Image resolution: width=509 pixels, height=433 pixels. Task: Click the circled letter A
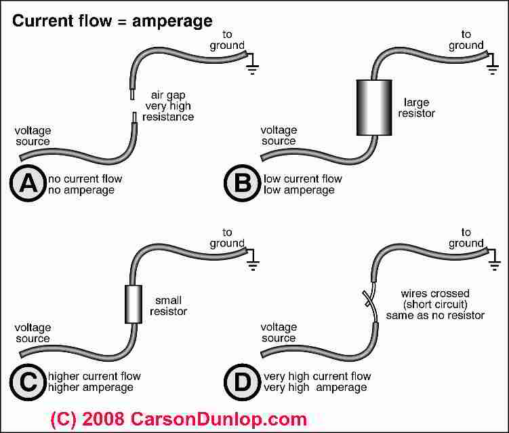pyautogui.click(x=28, y=183)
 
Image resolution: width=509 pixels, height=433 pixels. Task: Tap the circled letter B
pyautogui.click(x=242, y=183)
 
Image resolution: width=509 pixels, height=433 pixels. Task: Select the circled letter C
pyautogui.click(x=28, y=382)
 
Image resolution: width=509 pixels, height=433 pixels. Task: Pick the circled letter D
pyautogui.click(x=242, y=382)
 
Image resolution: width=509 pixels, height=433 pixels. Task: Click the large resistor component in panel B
pyautogui.click(x=374, y=108)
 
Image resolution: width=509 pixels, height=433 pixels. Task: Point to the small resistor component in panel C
pyautogui.click(x=134, y=304)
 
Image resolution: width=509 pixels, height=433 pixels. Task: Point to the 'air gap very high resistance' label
pyautogui.click(x=168, y=106)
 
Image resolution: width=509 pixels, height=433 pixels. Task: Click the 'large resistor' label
pyautogui.click(x=416, y=108)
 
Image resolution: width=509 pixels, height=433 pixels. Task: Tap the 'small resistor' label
pyautogui.click(x=168, y=306)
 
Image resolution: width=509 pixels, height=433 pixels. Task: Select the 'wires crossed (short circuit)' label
pyautogui.click(x=435, y=299)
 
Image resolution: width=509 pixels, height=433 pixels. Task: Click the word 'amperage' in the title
pyautogui.click(x=172, y=22)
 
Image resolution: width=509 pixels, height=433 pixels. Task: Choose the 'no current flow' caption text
pyautogui.click(x=85, y=178)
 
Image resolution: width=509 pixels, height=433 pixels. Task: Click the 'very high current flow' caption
pyautogui.click(x=317, y=377)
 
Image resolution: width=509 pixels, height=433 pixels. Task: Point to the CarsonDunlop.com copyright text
pyautogui.click(x=178, y=419)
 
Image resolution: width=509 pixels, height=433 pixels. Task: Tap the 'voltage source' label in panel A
pyautogui.click(x=33, y=136)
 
